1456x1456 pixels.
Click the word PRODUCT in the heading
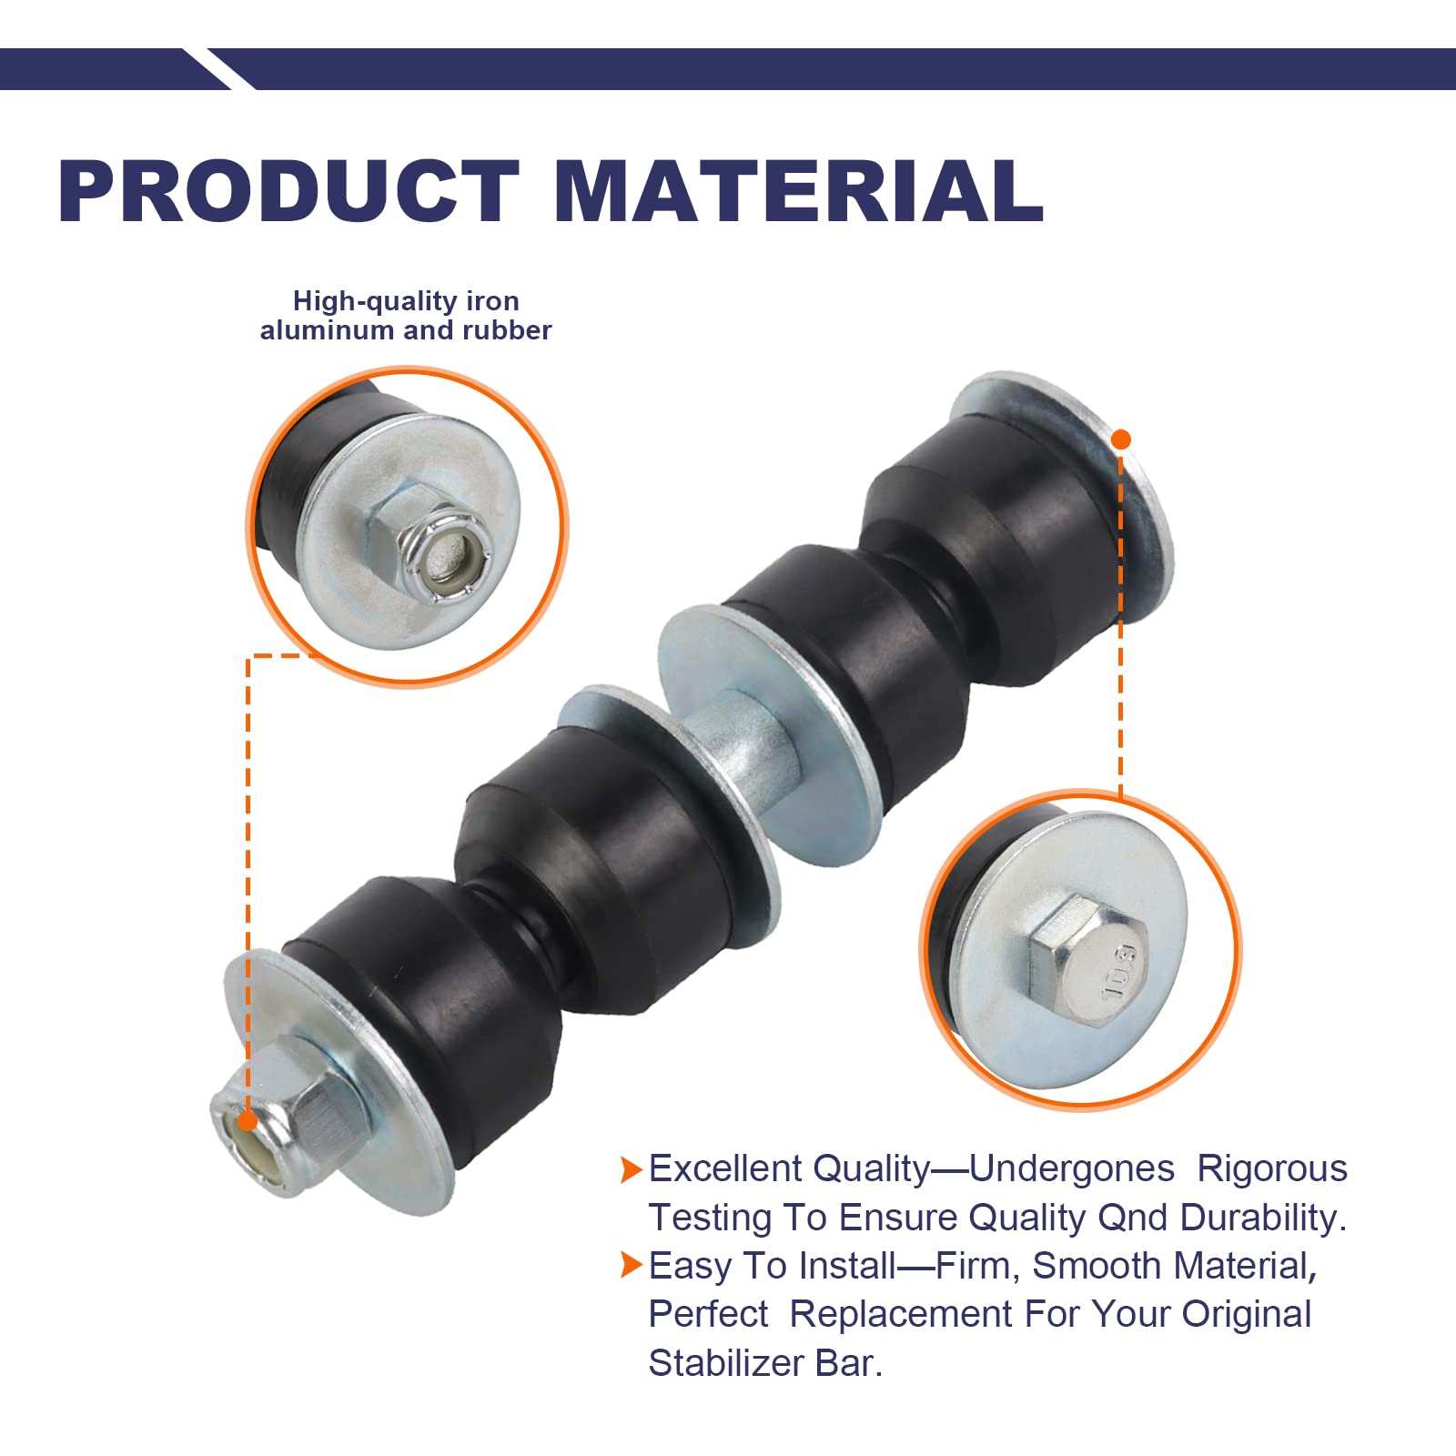[x=289, y=191]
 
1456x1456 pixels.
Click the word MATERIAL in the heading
[x=798, y=191]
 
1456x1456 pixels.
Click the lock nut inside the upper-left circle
[x=431, y=543]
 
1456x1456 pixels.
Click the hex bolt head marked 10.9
[x=1088, y=962]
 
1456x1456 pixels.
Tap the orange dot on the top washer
[x=1121, y=440]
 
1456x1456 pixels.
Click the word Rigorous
[x=1271, y=1169]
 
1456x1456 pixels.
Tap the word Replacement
[x=901, y=1315]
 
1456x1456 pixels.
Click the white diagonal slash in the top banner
[x=219, y=69]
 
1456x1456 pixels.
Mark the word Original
[x=1247, y=1315]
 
